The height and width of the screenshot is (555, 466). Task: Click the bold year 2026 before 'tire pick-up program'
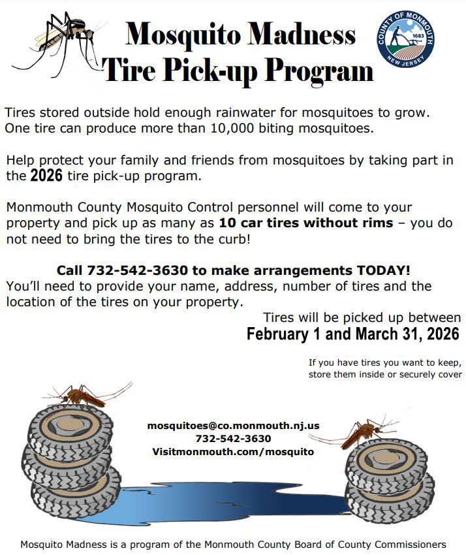47,176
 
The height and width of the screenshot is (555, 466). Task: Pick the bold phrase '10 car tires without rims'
306,223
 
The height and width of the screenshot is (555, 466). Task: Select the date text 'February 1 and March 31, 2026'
352,334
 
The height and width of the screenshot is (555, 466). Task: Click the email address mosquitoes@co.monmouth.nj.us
233,426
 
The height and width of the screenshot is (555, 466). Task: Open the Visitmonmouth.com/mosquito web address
233,452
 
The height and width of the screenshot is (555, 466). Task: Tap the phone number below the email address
233,439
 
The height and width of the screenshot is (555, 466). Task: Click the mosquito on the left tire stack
82,393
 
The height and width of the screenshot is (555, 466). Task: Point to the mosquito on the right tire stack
363,431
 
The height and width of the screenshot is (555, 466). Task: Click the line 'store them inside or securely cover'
385,374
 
